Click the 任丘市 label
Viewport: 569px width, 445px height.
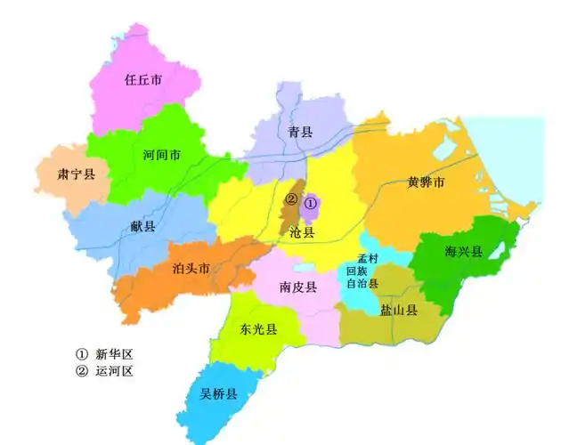143,79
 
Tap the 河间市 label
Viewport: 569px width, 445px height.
162,155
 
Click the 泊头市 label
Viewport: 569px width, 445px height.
191,267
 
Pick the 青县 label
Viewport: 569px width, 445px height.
300,133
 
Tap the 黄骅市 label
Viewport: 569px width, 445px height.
426,182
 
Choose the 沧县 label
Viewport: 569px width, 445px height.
303,232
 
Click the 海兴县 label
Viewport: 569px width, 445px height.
463,252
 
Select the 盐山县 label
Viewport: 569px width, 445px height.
399,311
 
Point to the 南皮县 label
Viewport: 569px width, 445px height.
298,287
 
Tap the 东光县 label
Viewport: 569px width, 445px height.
259,329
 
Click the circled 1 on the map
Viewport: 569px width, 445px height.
310,203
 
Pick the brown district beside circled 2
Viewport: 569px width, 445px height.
290,216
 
